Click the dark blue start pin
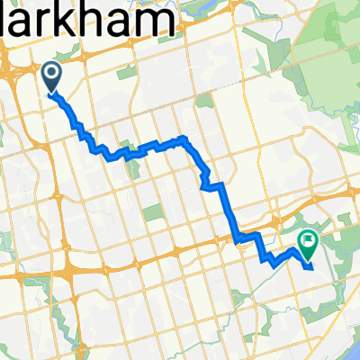[51, 76]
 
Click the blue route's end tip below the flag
[310, 266]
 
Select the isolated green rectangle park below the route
[153, 212]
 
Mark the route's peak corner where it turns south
[185, 139]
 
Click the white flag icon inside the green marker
[309, 239]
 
